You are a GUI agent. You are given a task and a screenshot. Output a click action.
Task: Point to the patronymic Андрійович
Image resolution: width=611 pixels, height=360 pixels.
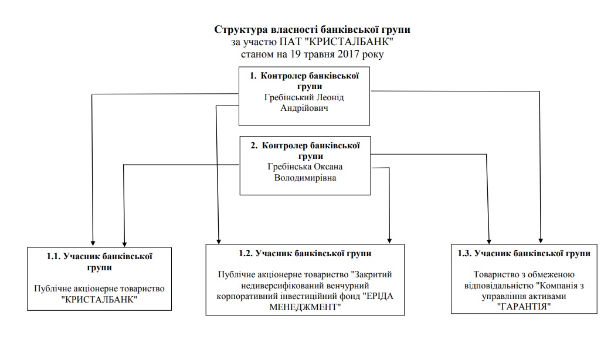click(304, 108)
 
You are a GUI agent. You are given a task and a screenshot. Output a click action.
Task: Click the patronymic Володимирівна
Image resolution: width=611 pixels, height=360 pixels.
click(305, 178)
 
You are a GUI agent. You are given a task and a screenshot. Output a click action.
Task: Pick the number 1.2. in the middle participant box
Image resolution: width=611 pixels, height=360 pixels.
click(235, 253)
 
